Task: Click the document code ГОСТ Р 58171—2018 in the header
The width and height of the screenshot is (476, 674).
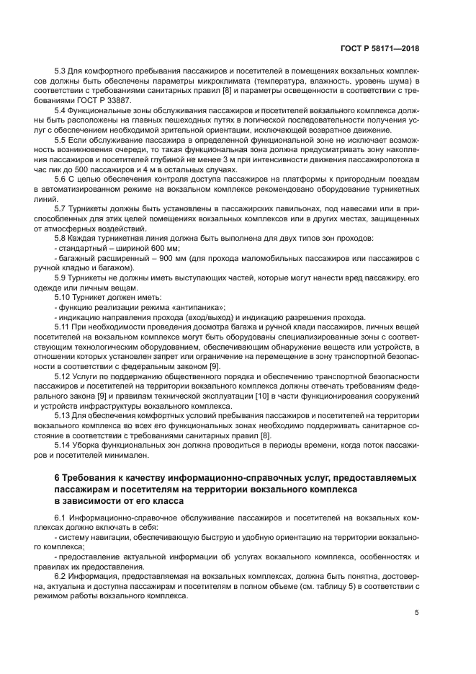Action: pyautogui.click(x=380, y=49)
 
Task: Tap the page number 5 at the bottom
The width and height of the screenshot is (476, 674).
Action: pyautogui.click(x=417, y=613)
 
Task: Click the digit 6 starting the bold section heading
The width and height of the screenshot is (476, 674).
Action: pyautogui.click(x=57, y=478)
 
